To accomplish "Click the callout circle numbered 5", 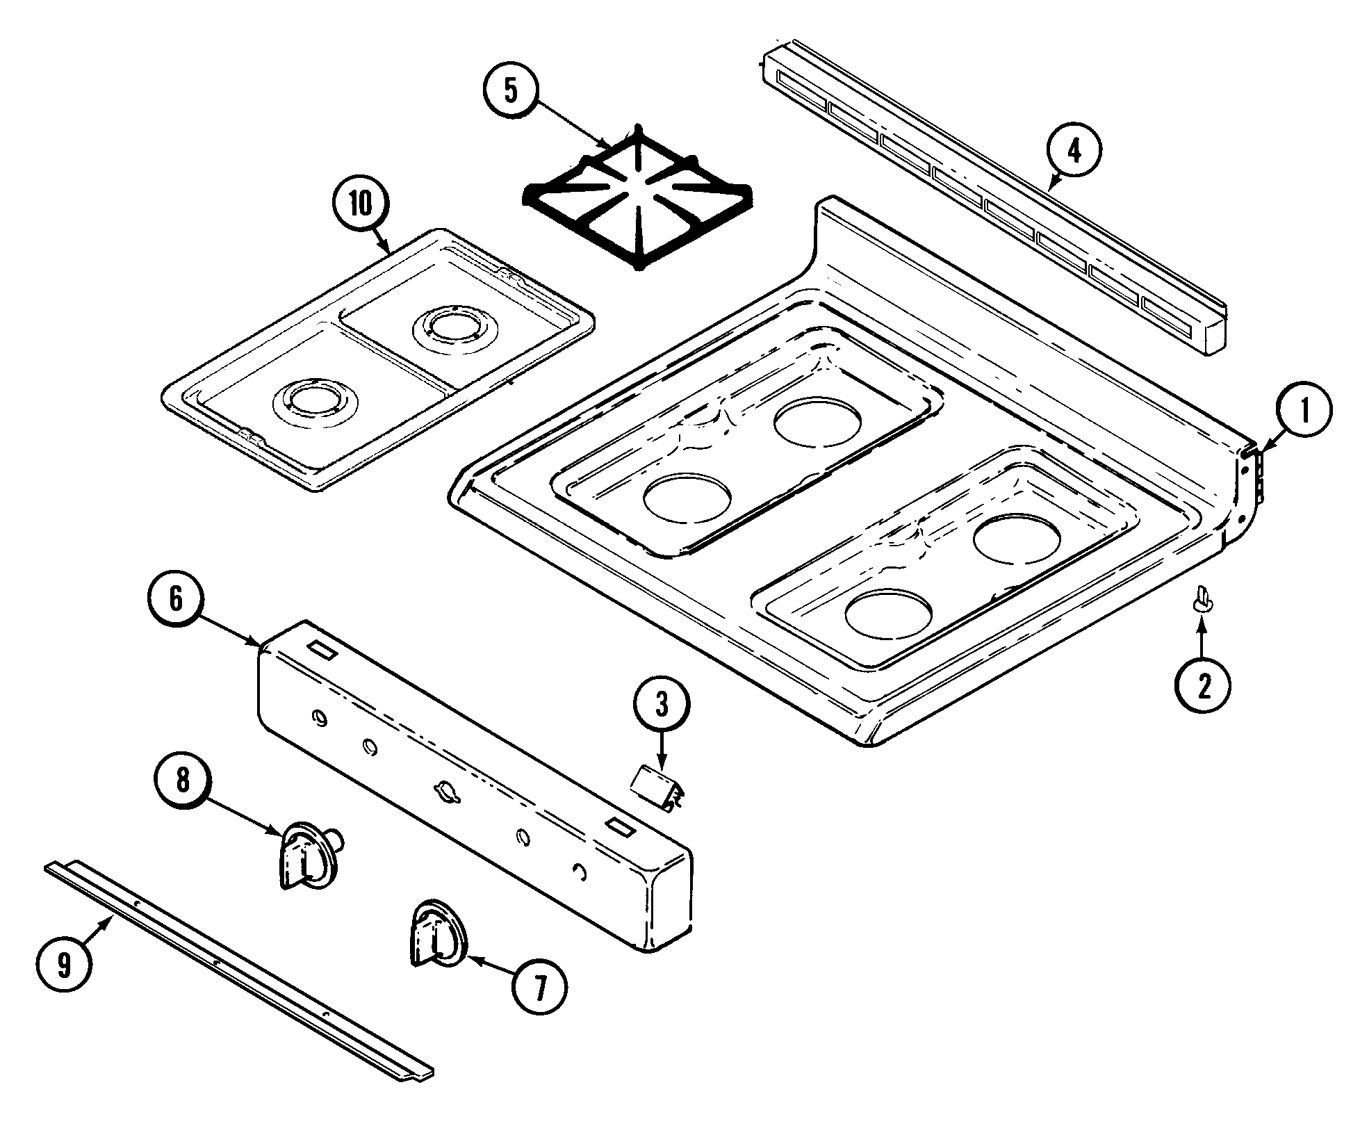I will pyautogui.click(x=511, y=92).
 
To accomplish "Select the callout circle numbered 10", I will pyautogui.click(x=361, y=205).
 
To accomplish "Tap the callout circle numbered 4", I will pyautogui.click(x=1074, y=152).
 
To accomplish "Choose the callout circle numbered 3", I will pyautogui.click(x=661, y=705).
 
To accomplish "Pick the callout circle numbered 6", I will pyautogui.click(x=177, y=599).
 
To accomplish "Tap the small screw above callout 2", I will pyautogui.click(x=1202, y=598).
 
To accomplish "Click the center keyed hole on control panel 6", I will pyautogui.click(x=445, y=791).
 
